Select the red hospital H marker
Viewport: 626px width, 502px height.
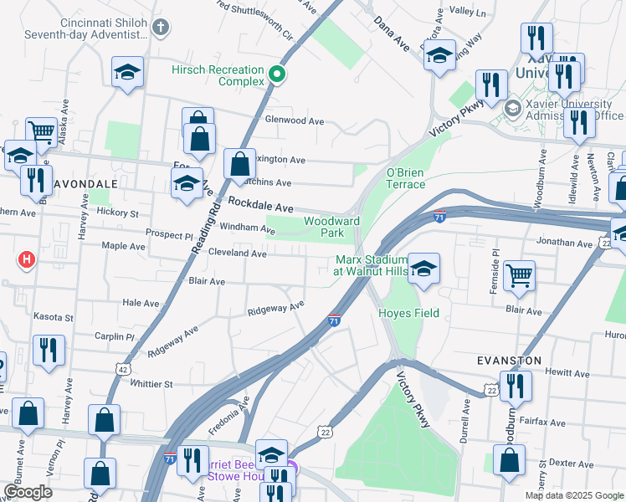27,260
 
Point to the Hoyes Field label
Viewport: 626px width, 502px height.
408,313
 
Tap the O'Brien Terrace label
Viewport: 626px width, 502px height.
405,178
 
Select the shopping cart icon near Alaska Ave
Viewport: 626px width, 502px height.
40,131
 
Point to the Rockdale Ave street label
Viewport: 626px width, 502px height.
260,207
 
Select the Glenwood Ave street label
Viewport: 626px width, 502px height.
294,120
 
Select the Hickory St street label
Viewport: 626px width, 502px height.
117,213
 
